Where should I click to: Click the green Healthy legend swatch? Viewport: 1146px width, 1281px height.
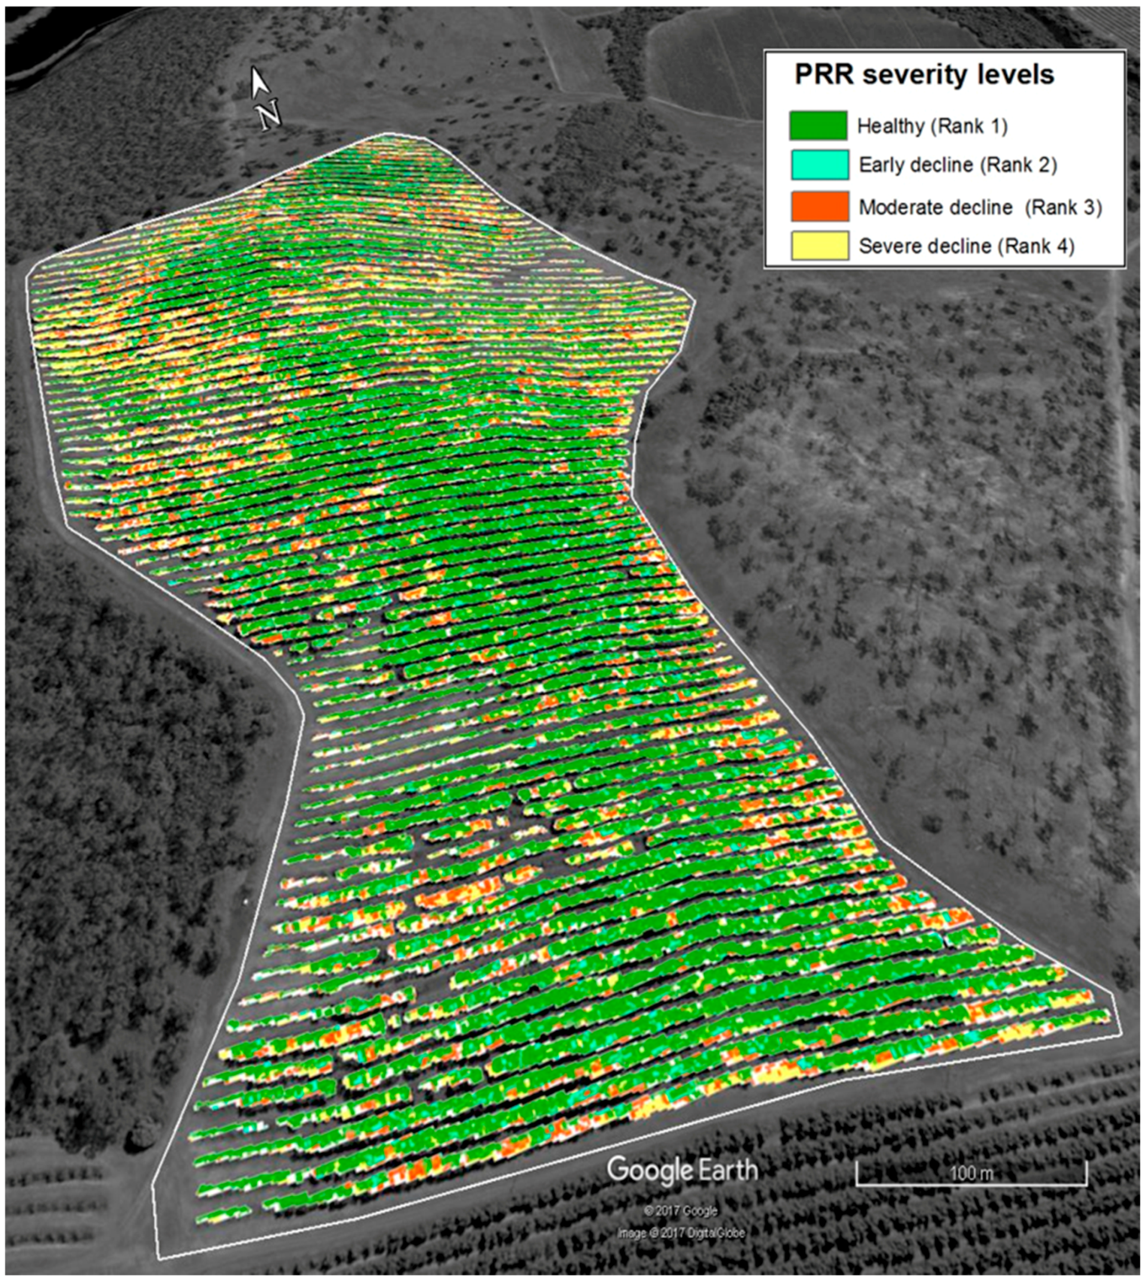(818, 125)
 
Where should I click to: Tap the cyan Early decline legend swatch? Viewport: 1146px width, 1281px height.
(819, 165)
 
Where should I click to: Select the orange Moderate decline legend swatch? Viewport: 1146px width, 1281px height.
(819, 206)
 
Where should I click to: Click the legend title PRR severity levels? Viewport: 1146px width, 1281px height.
(924, 75)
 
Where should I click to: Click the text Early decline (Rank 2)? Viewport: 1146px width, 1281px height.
(958, 165)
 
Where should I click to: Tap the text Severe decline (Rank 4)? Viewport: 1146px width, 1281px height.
(966, 246)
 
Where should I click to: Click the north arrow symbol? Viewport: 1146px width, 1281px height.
(258, 82)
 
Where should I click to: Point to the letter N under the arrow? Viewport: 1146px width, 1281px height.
(270, 116)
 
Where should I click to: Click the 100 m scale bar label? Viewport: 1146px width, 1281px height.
(971, 1173)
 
